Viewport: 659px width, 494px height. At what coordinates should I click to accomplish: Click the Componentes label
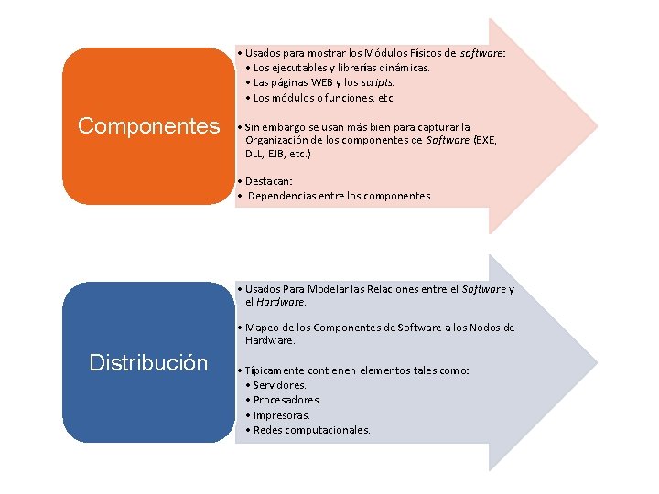(149, 126)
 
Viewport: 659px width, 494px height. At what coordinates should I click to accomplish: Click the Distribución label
(148, 362)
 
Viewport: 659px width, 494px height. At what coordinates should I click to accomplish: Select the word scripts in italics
(376, 82)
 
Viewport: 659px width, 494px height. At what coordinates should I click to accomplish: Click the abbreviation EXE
(484, 141)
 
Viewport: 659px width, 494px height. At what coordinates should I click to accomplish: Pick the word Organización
(280, 141)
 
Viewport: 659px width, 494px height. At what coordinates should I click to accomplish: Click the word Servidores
(280, 385)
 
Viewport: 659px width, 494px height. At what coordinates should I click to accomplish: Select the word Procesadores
(287, 400)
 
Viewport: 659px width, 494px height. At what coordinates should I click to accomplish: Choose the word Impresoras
(283, 414)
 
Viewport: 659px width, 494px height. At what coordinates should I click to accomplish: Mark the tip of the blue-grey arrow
(597, 362)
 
